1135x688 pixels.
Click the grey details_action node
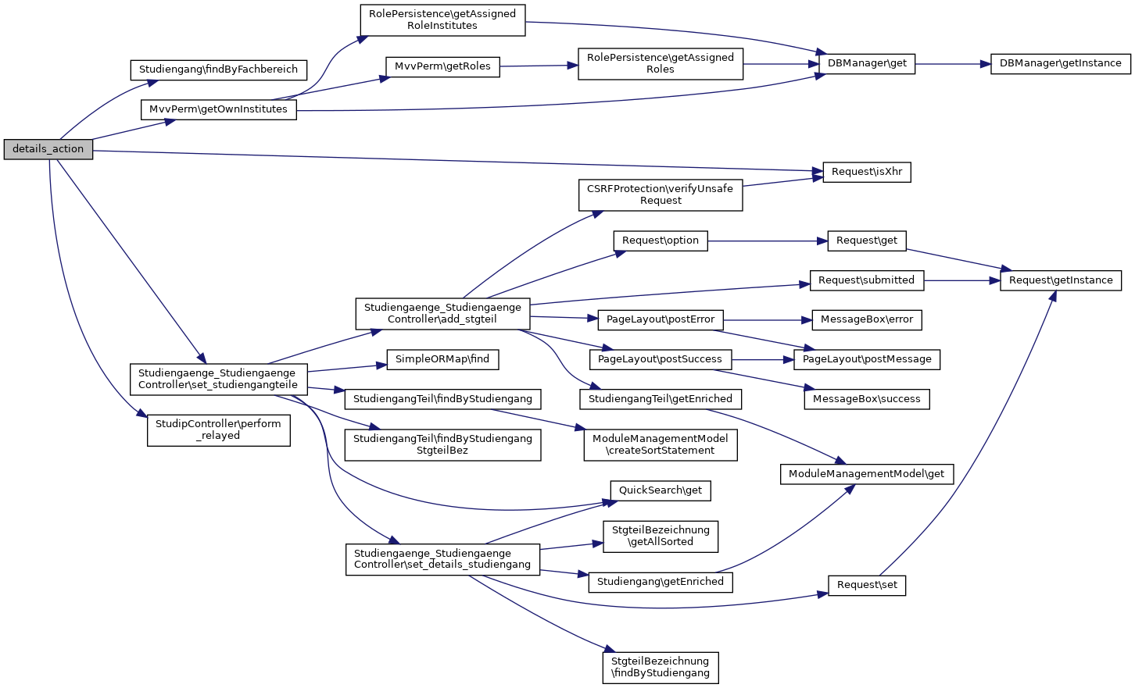pos(48,149)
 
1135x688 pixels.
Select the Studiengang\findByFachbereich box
pos(218,70)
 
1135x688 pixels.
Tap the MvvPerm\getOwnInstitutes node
pos(218,109)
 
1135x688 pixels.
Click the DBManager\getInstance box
pos(1060,63)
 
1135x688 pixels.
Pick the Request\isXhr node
pos(866,172)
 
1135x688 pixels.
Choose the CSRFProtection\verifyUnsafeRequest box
pos(661,194)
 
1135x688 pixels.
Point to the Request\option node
pos(661,241)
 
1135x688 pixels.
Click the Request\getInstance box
pos(1061,280)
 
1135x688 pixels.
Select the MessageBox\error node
pos(866,319)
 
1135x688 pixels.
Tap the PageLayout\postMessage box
pos(867,359)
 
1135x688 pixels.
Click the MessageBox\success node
pos(866,399)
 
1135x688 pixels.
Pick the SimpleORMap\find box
pos(442,359)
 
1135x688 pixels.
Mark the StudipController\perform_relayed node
pos(218,430)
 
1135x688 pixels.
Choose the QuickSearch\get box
pos(661,490)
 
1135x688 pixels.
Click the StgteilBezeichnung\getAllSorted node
pos(661,536)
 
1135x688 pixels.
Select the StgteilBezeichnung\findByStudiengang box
pos(661,667)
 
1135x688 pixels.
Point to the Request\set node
pos(867,585)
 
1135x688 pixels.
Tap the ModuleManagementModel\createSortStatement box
pos(661,444)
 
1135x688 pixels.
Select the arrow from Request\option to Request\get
pos(767,241)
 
